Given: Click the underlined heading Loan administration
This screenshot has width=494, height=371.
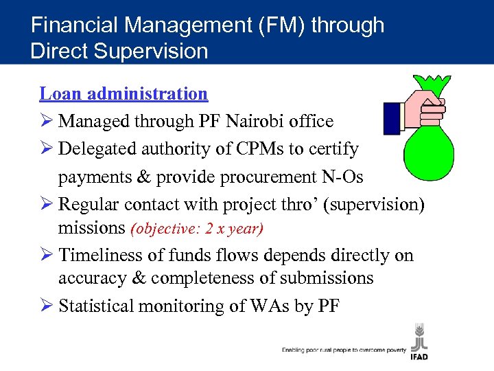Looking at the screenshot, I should pos(123,93).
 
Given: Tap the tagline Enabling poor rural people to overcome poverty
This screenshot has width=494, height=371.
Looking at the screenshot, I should pos(343,350).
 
